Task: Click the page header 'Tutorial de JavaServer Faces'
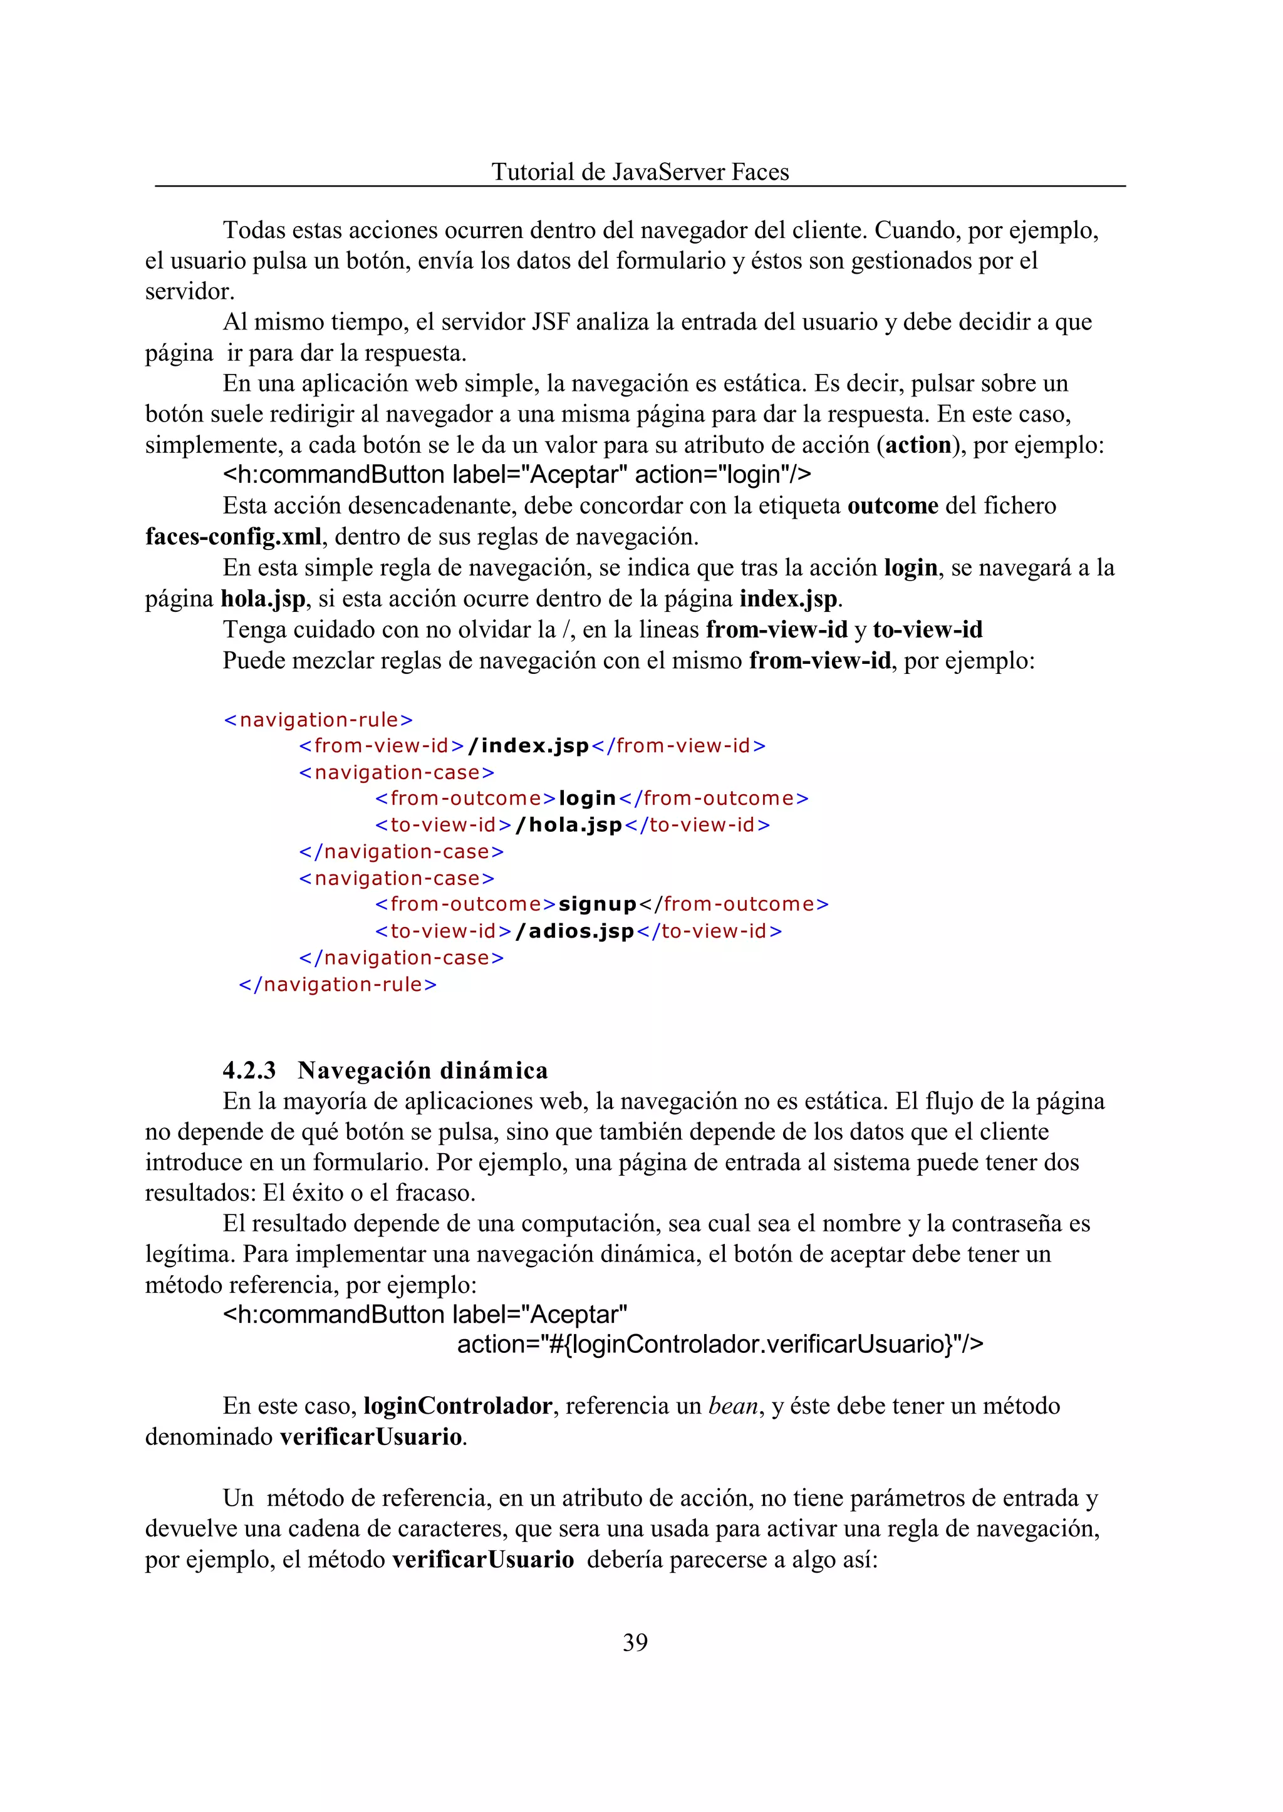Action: (640, 172)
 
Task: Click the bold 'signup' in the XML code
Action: (597, 904)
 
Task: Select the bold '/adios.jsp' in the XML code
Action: (575, 931)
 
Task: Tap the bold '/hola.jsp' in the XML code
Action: (569, 825)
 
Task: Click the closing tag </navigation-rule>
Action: (337, 984)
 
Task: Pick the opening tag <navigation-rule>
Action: (318, 720)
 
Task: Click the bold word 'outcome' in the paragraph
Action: (893, 505)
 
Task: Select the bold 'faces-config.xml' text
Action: (233, 536)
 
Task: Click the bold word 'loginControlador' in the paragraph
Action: (457, 1407)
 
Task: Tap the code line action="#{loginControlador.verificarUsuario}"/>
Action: (720, 1344)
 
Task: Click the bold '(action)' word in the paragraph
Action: (918, 445)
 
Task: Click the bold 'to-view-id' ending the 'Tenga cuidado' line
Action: (928, 629)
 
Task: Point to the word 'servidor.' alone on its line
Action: (190, 291)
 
